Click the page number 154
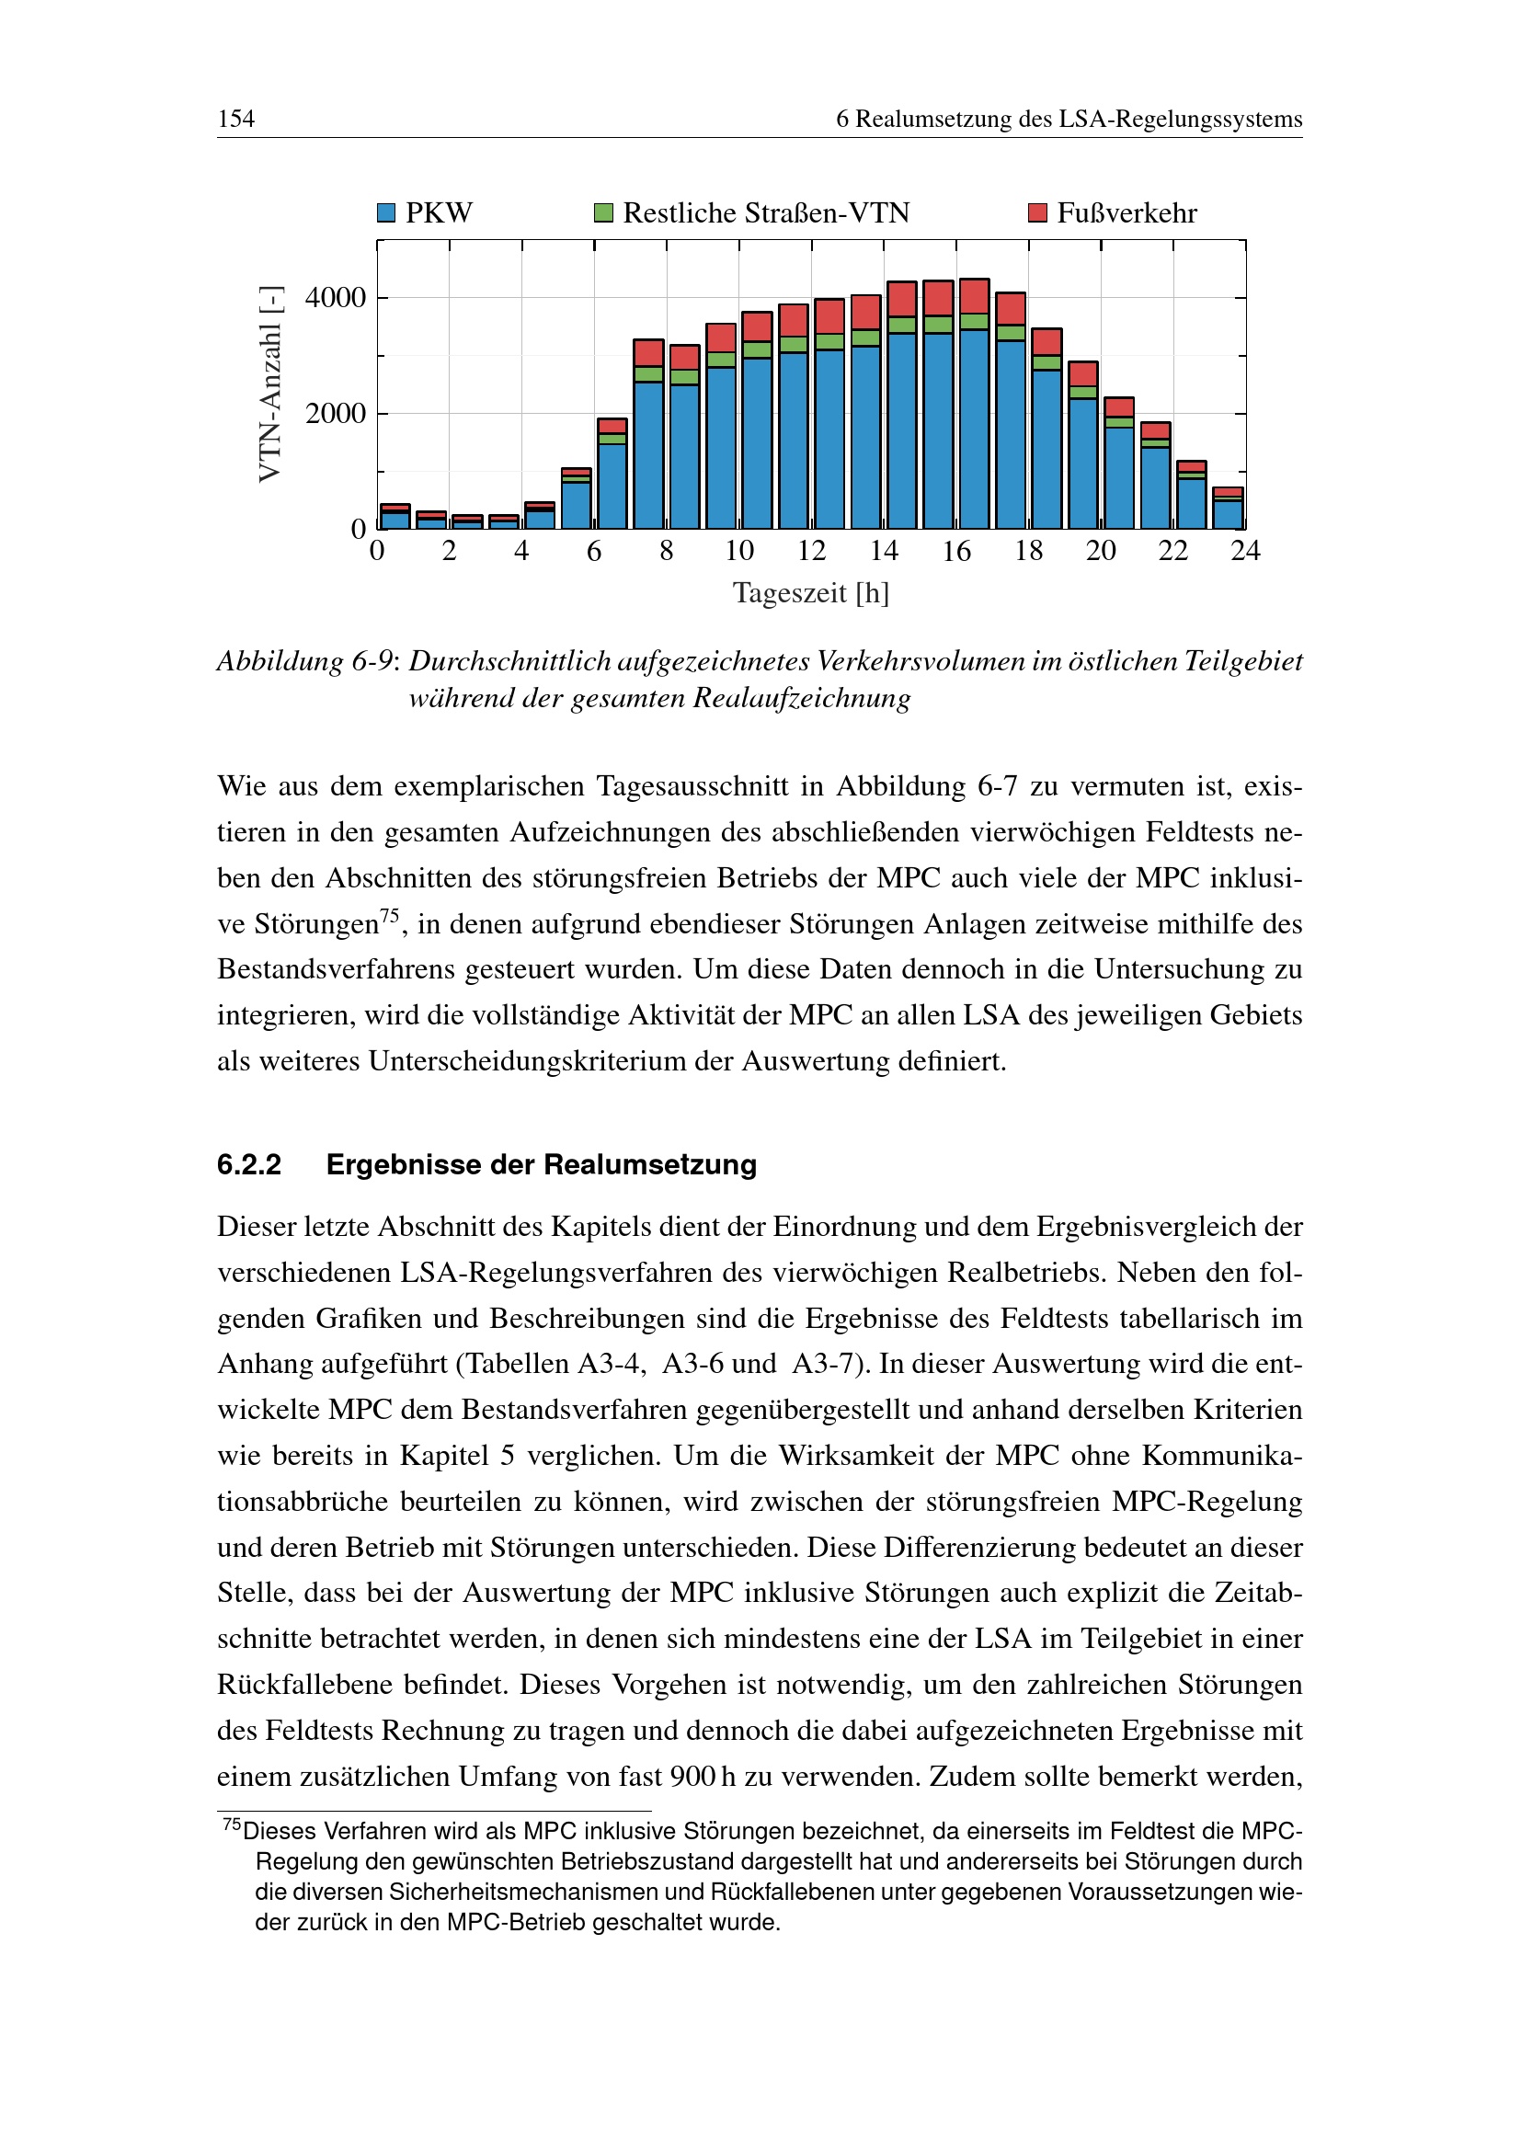pos(236,119)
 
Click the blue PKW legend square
pos(386,213)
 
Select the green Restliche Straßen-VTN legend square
pos(603,213)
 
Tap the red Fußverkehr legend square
pos(1036,213)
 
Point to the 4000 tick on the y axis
pos(336,298)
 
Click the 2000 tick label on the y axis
pos(336,414)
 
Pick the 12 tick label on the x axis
pos(811,551)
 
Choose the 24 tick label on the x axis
pos(1245,551)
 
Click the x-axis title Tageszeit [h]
pos(810,593)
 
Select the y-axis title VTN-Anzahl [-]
pos(269,384)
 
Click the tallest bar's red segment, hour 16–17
pos(974,296)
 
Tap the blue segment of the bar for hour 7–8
pos(648,454)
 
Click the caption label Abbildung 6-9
pos(305,661)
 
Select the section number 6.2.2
pos(249,1164)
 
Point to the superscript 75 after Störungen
pos(390,915)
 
